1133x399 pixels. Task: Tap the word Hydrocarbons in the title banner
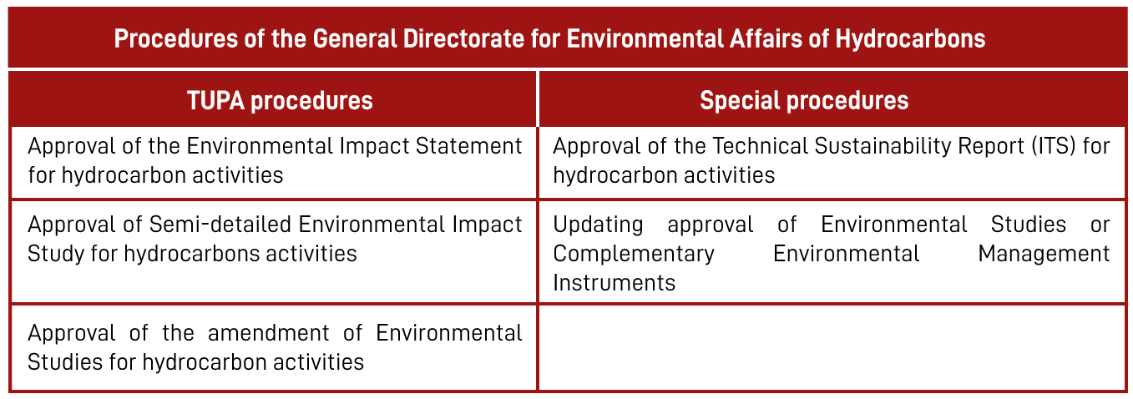click(910, 39)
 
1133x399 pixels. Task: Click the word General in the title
click(355, 38)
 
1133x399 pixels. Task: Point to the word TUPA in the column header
click(215, 101)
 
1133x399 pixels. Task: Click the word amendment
click(268, 333)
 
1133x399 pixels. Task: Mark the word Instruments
click(614, 283)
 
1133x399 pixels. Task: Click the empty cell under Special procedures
click(832, 347)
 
